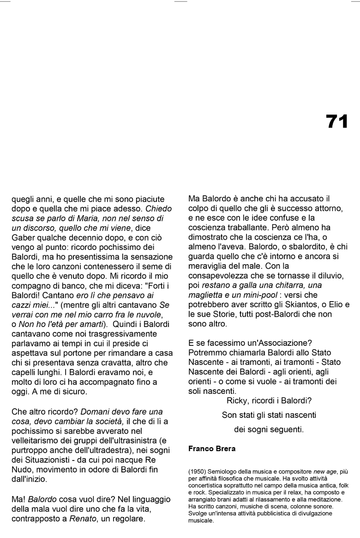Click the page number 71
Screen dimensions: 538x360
tap(337, 121)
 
